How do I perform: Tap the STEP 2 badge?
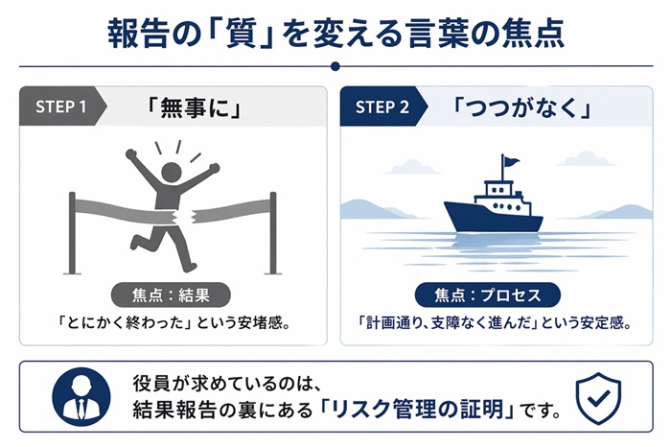382,106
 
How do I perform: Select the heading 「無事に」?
195,107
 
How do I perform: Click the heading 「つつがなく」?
521,107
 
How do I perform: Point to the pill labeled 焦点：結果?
171,295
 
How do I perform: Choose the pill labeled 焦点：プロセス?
488,295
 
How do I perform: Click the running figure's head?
172,173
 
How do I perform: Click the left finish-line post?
72,233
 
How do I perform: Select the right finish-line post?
272,233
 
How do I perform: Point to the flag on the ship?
511,162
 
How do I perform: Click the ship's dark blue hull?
493,218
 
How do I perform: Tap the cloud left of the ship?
412,167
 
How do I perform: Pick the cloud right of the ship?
587,159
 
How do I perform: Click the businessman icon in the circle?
81,396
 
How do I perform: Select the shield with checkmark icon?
598,398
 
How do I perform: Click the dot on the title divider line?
335,66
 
